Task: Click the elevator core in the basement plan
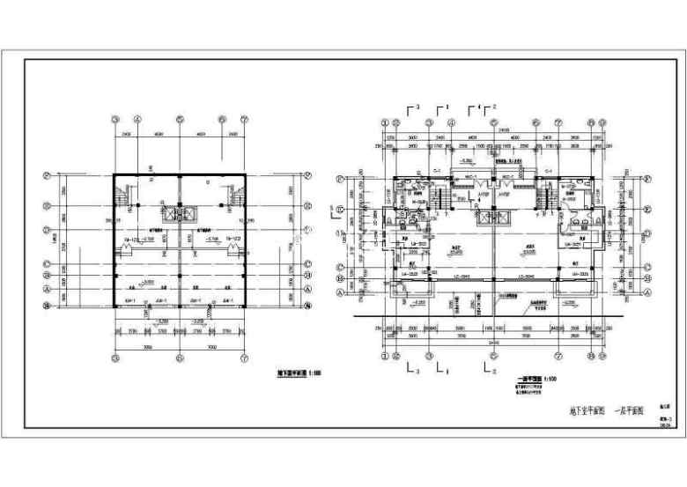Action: pyautogui.click(x=181, y=216)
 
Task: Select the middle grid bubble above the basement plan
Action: pyautogui.click(x=181, y=120)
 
